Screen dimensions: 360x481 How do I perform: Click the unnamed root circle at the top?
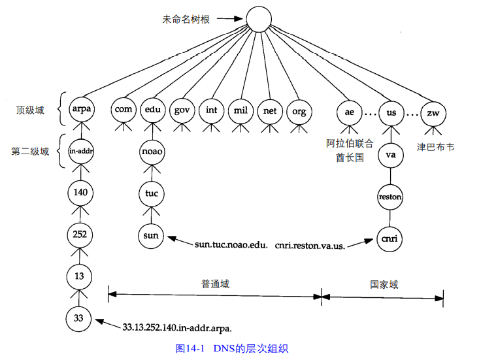[x=257, y=20]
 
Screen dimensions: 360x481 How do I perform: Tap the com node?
[x=124, y=110]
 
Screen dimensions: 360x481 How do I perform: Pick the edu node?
[x=152, y=110]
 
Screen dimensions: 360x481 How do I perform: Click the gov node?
[x=181, y=110]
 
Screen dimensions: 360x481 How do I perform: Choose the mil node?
[x=240, y=110]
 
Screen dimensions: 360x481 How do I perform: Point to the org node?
[x=299, y=111]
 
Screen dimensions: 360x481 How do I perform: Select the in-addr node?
[x=80, y=151]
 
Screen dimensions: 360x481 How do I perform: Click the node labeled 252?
[x=80, y=233]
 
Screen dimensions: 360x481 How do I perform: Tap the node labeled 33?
[x=80, y=318]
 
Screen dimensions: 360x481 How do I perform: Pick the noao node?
[x=152, y=152]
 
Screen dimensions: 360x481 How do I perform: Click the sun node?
[x=152, y=235]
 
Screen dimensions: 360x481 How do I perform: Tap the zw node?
[x=433, y=112]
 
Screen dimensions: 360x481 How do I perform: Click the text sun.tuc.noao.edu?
[x=230, y=246]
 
